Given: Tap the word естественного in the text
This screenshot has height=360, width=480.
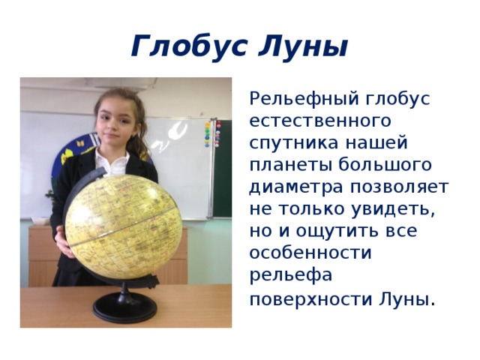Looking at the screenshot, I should [308, 120].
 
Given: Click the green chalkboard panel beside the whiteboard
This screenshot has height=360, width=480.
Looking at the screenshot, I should [223, 172].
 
